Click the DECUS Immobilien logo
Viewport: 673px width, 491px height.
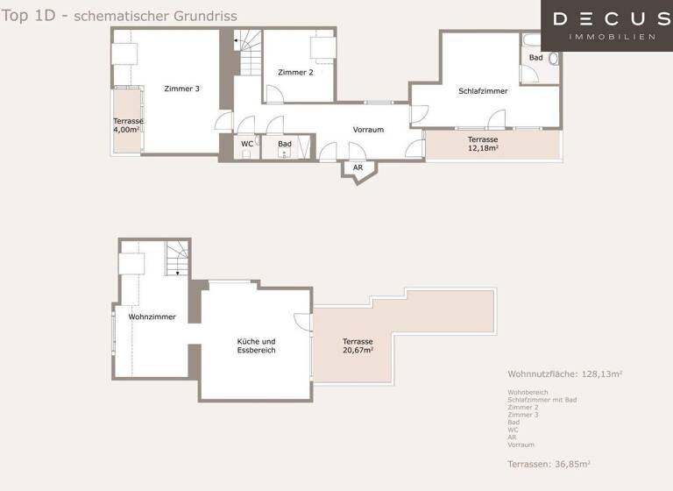coord(606,25)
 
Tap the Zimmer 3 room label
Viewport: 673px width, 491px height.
coord(181,89)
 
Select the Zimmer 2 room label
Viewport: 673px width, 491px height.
coord(295,73)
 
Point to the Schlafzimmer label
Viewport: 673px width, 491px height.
coord(483,91)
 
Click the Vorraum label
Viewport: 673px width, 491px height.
coord(368,130)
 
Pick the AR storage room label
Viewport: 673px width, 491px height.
coord(358,167)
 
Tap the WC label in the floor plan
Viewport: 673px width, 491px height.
coord(247,144)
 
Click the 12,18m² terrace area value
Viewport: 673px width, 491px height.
coord(483,148)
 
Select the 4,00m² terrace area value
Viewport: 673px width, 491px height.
coord(127,130)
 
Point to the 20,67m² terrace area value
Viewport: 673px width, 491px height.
coord(358,350)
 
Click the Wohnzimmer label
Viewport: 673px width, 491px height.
coord(152,317)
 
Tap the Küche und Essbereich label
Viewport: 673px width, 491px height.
coord(257,345)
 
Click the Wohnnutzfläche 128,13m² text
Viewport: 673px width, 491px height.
coord(564,374)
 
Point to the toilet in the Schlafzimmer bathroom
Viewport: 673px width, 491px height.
coord(553,60)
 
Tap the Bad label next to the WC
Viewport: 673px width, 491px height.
coord(285,144)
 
